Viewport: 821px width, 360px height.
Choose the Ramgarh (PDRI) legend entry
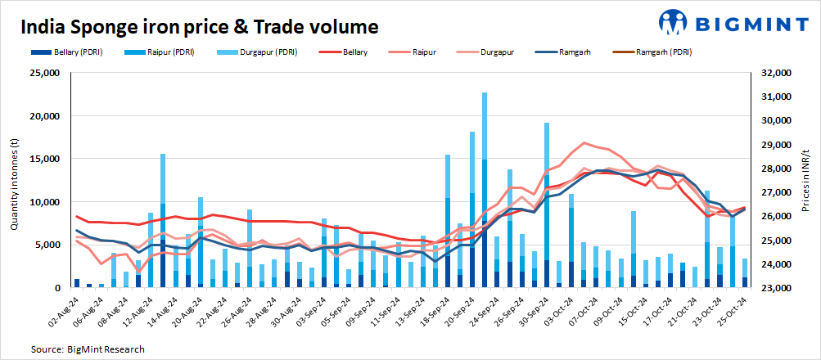pyautogui.click(x=663, y=52)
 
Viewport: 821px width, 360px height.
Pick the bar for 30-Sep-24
pyautogui.click(x=547, y=205)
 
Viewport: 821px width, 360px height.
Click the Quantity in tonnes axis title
pyautogui.click(x=13, y=181)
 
